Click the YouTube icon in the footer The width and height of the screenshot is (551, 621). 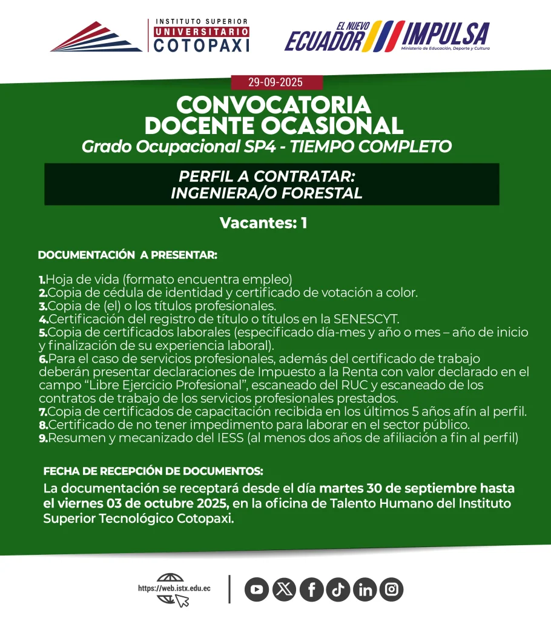click(x=257, y=589)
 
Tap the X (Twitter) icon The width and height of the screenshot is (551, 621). click(x=284, y=589)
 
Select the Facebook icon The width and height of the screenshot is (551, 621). click(x=311, y=589)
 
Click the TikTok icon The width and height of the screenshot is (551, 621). click(x=338, y=589)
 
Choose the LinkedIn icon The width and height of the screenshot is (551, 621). click(x=365, y=589)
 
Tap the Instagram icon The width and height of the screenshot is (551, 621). click(x=392, y=589)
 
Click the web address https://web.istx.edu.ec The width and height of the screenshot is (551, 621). click(x=174, y=588)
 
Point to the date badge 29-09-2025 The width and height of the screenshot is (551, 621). click(x=275, y=82)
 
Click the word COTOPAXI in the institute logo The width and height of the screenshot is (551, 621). click(x=202, y=45)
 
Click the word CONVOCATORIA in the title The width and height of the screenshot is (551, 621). click(x=273, y=105)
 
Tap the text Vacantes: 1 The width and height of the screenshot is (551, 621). click(x=263, y=223)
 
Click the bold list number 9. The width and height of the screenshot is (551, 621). click(x=43, y=438)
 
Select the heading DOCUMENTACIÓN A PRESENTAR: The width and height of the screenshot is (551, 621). click(x=127, y=255)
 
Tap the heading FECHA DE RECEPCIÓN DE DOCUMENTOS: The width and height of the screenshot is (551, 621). click(x=153, y=471)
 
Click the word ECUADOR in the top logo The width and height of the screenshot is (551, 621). click(x=325, y=41)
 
